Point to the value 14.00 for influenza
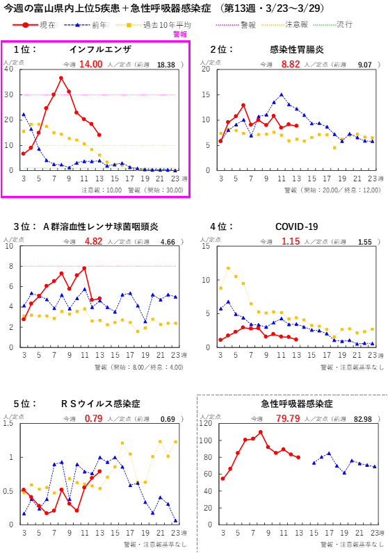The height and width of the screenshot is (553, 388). coord(90,64)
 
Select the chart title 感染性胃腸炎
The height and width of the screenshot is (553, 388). coord(296,49)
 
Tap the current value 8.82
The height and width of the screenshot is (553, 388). coord(291,64)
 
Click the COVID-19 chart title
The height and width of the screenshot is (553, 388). coord(296,226)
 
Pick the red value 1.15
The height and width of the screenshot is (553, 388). coord(291,241)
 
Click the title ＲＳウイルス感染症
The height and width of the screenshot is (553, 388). coord(100,404)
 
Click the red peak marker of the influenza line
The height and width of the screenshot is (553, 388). coord(61,79)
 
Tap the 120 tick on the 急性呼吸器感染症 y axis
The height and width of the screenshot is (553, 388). coord(207,423)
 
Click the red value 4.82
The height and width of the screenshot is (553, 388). coord(93,241)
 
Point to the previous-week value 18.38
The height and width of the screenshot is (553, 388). coord(166,65)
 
